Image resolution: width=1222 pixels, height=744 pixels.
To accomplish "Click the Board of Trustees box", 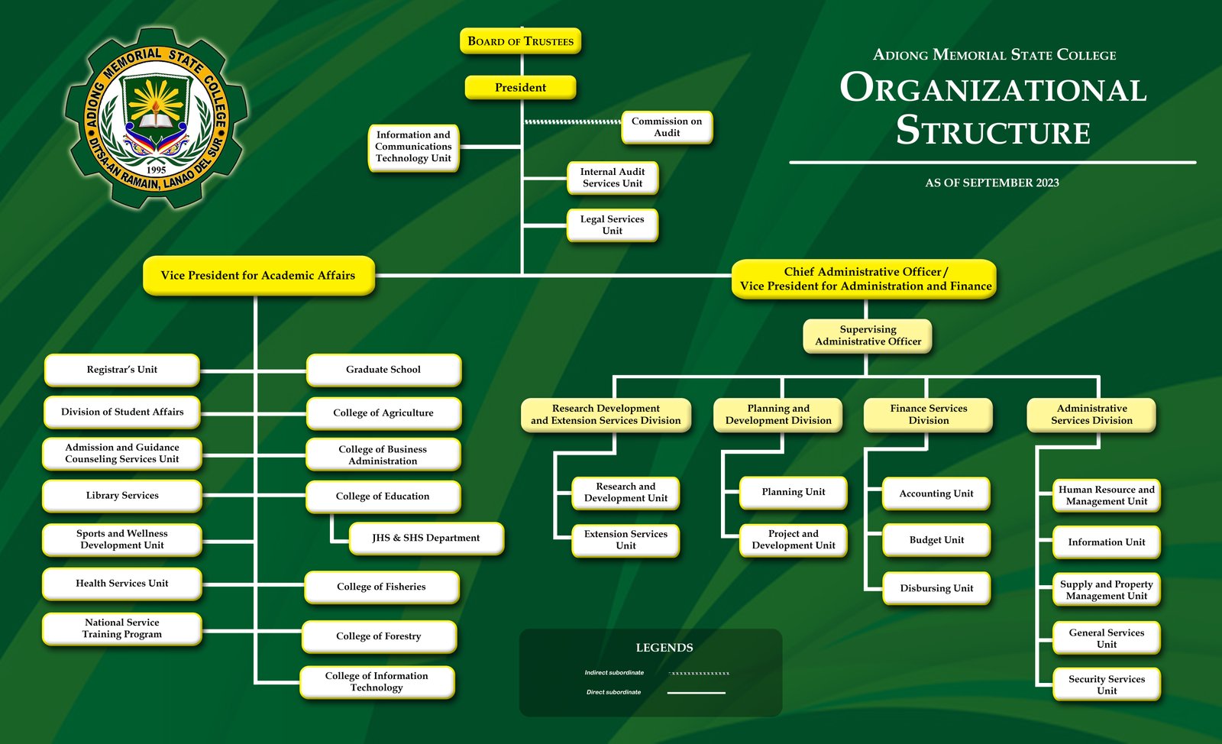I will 520,41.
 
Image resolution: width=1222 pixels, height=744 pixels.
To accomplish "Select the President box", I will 520,88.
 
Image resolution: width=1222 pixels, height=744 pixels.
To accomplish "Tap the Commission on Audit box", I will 667,127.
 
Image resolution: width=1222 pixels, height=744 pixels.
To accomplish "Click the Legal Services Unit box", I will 612,225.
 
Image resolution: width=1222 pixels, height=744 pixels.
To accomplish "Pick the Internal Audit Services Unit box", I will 612,177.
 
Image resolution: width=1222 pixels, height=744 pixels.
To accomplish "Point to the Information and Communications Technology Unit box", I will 413,147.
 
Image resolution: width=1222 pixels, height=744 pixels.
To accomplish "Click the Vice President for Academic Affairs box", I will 258,276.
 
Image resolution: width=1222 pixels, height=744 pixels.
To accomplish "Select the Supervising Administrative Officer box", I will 868,335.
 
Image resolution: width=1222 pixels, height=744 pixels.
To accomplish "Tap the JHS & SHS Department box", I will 426,538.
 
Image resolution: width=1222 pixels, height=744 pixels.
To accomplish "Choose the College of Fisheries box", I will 381,587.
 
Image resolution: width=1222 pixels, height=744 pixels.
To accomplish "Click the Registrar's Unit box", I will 122,370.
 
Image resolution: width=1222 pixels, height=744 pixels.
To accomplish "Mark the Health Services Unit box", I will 122,584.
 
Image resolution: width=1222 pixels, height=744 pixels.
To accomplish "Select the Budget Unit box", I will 936,540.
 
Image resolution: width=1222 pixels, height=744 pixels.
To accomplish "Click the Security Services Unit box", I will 1106,684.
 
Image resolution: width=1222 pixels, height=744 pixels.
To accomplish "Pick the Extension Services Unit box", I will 626,539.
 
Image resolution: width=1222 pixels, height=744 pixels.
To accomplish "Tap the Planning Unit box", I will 793,492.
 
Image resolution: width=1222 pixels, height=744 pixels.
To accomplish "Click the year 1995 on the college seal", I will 157,170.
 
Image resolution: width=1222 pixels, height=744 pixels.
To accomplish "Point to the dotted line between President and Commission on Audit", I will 573,121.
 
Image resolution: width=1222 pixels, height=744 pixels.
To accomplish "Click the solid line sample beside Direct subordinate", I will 696,693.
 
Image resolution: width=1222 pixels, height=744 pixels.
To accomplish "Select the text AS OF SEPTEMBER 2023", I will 991,183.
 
